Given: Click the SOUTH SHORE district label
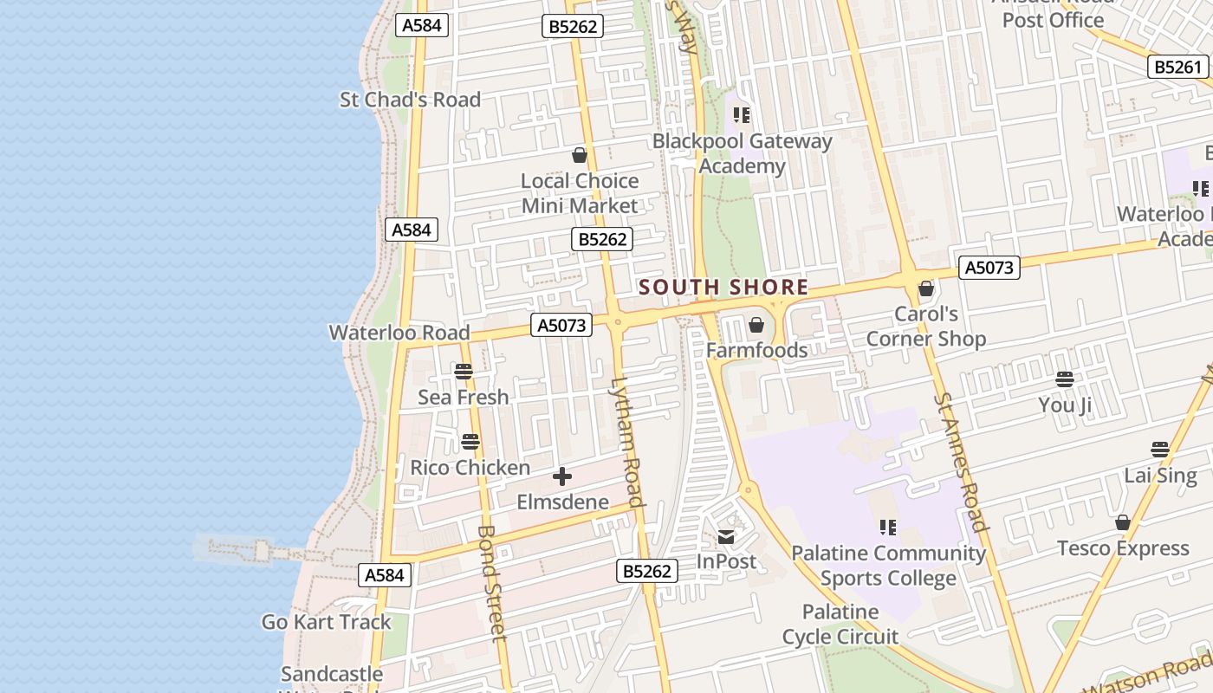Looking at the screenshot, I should pyautogui.click(x=723, y=288).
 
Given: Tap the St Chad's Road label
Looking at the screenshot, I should pyautogui.click(x=410, y=100).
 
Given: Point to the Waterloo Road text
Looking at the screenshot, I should pyautogui.click(x=399, y=333).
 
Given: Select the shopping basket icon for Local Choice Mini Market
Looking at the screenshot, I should pyautogui.click(x=580, y=156).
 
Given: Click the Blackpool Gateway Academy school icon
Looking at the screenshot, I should pyautogui.click(x=742, y=114).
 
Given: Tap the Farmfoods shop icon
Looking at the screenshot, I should pyautogui.click(x=756, y=326).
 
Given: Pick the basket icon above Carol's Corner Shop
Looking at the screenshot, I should pyautogui.click(x=926, y=288).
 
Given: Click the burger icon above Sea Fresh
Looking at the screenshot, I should pyautogui.click(x=464, y=372).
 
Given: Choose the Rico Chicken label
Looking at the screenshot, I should pyautogui.click(x=470, y=468).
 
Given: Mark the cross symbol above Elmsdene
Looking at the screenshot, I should pyautogui.click(x=562, y=476).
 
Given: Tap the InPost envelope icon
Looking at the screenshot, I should pyautogui.click(x=726, y=537).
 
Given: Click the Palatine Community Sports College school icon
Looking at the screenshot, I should pyautogui.click(x=888, y=527).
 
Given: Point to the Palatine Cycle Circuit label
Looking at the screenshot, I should pyautogui.click(x=840, y=625).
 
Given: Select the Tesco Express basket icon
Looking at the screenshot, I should pyautogui.click(x=1123, y=523).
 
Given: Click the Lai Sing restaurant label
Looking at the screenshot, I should pyautogui.click(x=1160, y=476).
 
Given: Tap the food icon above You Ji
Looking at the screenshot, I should pyautogui.click(x=1065, y=379).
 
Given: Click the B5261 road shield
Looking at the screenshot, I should pyautogui.click(x=1178, y=67).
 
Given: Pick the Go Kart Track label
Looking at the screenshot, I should pyautogui.click(x=327, y=622).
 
